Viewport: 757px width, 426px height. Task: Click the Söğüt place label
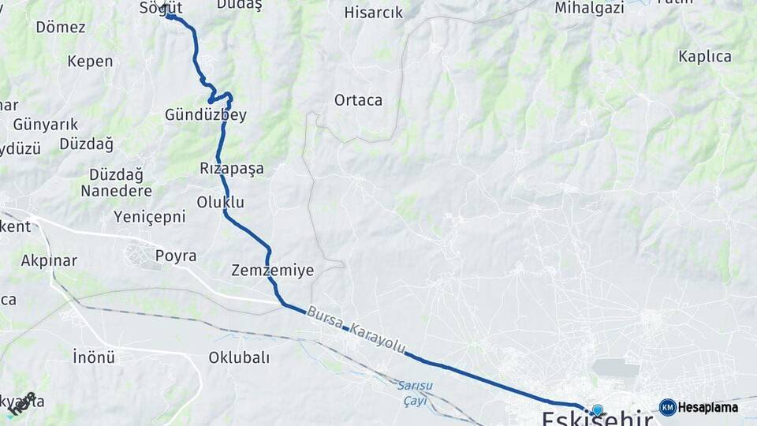coord(160,7)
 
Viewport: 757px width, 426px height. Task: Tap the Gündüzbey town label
coord(206,115)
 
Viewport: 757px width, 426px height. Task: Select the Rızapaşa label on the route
coord(232,168)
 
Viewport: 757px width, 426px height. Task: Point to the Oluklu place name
coord(222,202)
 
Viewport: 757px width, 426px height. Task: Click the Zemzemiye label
coord(273,271)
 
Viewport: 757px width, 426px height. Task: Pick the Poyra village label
coord(176,256)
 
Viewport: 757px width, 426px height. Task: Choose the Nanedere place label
coord(116,191)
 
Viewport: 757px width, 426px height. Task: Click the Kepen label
coord(90,61)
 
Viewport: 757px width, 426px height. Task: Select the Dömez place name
coord(61,27)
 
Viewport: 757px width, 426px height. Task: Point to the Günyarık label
coord(46,124)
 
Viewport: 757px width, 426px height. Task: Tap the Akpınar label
coord(49,260)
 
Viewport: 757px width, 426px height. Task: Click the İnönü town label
coord(94,357)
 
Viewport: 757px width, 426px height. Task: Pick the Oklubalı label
coord(239,357)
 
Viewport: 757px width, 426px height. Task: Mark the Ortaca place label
coord(358,100)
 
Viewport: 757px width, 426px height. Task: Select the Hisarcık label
coord(374,13)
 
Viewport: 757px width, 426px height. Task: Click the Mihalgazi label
coord(589,8)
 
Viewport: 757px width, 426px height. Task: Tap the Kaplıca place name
coord(705,57)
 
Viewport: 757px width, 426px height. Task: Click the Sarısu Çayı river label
coord(413,392)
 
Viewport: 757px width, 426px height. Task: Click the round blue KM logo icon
coord(668,407)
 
